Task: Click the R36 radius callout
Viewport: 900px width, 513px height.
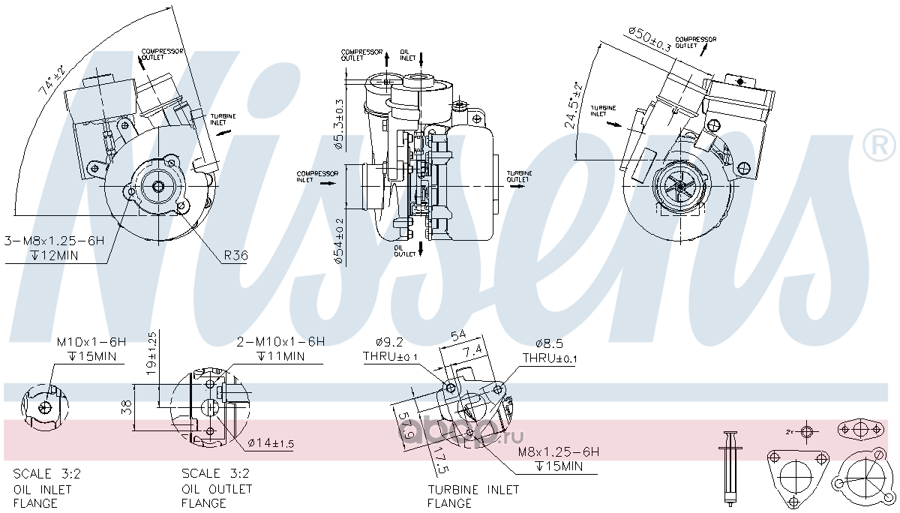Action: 235,255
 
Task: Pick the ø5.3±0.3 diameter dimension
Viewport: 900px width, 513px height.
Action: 339,124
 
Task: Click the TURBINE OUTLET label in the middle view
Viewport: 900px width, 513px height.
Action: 518,176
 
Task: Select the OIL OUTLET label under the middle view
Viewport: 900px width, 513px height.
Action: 405,250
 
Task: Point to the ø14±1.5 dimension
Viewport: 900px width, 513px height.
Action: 271,444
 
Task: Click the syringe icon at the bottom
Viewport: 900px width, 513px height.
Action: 729,469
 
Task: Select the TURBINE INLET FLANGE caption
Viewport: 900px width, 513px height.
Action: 472,496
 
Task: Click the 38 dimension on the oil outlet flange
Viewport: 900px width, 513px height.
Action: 127,407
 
